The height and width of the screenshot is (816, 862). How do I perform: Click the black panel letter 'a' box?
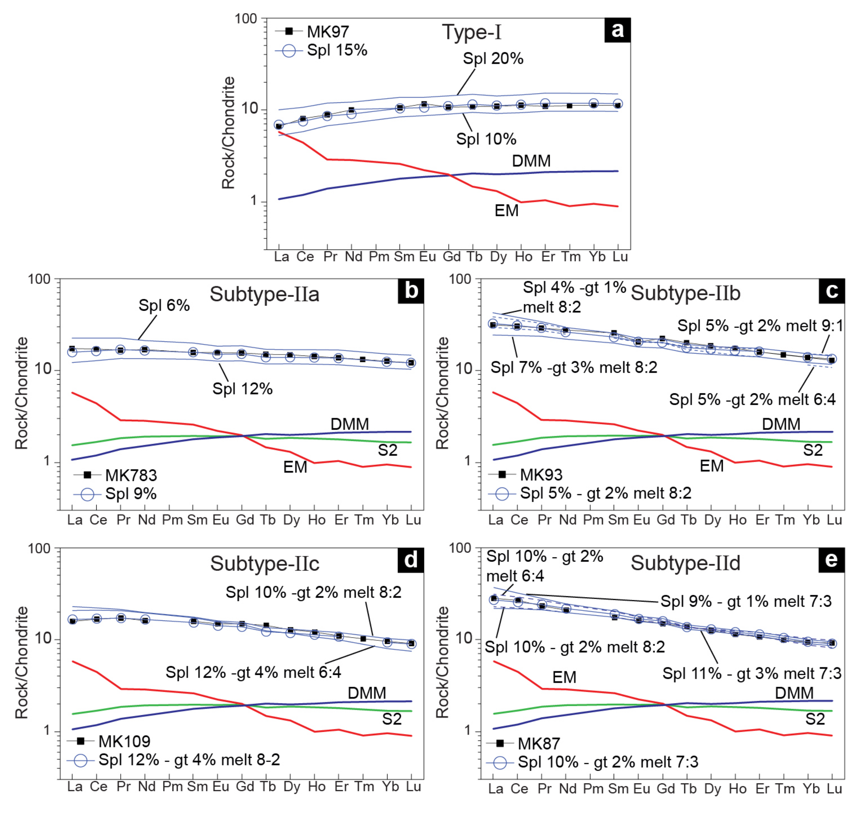pos(617,30)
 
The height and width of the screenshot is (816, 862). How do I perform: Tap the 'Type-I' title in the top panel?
pos(472,32)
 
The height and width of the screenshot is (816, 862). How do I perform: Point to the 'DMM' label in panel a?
pos(531,161)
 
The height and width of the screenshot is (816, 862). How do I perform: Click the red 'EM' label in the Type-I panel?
pos(507,211)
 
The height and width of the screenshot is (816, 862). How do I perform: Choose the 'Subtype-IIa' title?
pos(264,294)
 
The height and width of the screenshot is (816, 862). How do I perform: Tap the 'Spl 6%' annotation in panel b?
pos(164,305)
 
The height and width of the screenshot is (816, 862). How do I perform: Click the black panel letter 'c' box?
pos(832,291)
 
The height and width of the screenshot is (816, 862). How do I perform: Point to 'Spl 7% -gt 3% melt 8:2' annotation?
pos(574,368)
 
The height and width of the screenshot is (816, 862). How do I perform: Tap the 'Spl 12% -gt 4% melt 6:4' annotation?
pos(253,672)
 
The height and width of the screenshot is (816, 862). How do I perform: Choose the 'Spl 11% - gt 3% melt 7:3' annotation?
pos(752,673)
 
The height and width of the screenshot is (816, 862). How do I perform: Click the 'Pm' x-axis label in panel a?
pos(379,257)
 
